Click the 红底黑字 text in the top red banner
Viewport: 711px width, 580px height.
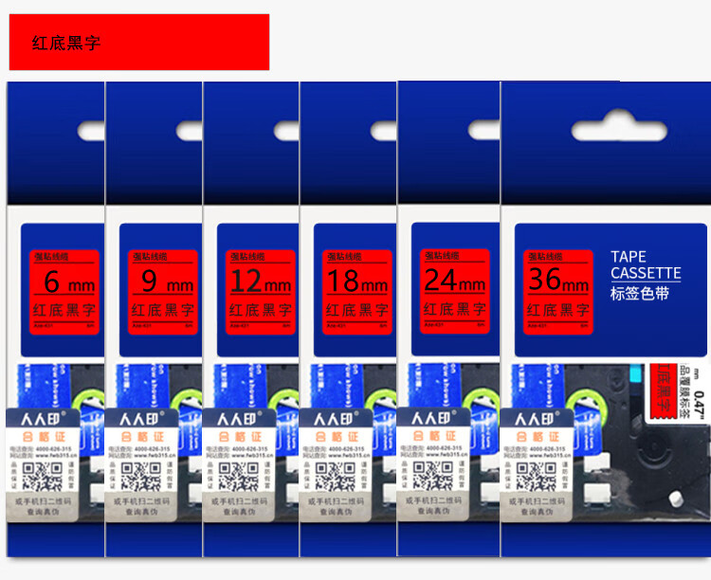[x=65, y=44]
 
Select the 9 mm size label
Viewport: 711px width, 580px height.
[x=162, y=282]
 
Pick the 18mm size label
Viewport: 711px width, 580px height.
[x=356, y=282]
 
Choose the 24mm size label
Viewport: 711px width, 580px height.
[x=455, y=281]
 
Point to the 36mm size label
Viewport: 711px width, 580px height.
[x=558, y=281]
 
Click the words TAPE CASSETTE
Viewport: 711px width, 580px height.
[x=646, y=265]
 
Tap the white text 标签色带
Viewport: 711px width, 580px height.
[x=640, y=294]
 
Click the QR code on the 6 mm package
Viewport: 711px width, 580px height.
[x=37, y=476]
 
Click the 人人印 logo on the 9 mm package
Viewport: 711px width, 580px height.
[x=137, y=418]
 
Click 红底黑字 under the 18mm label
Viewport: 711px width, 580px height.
[x=355, y=310]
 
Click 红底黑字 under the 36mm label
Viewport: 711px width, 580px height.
[x=556, y=310]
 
